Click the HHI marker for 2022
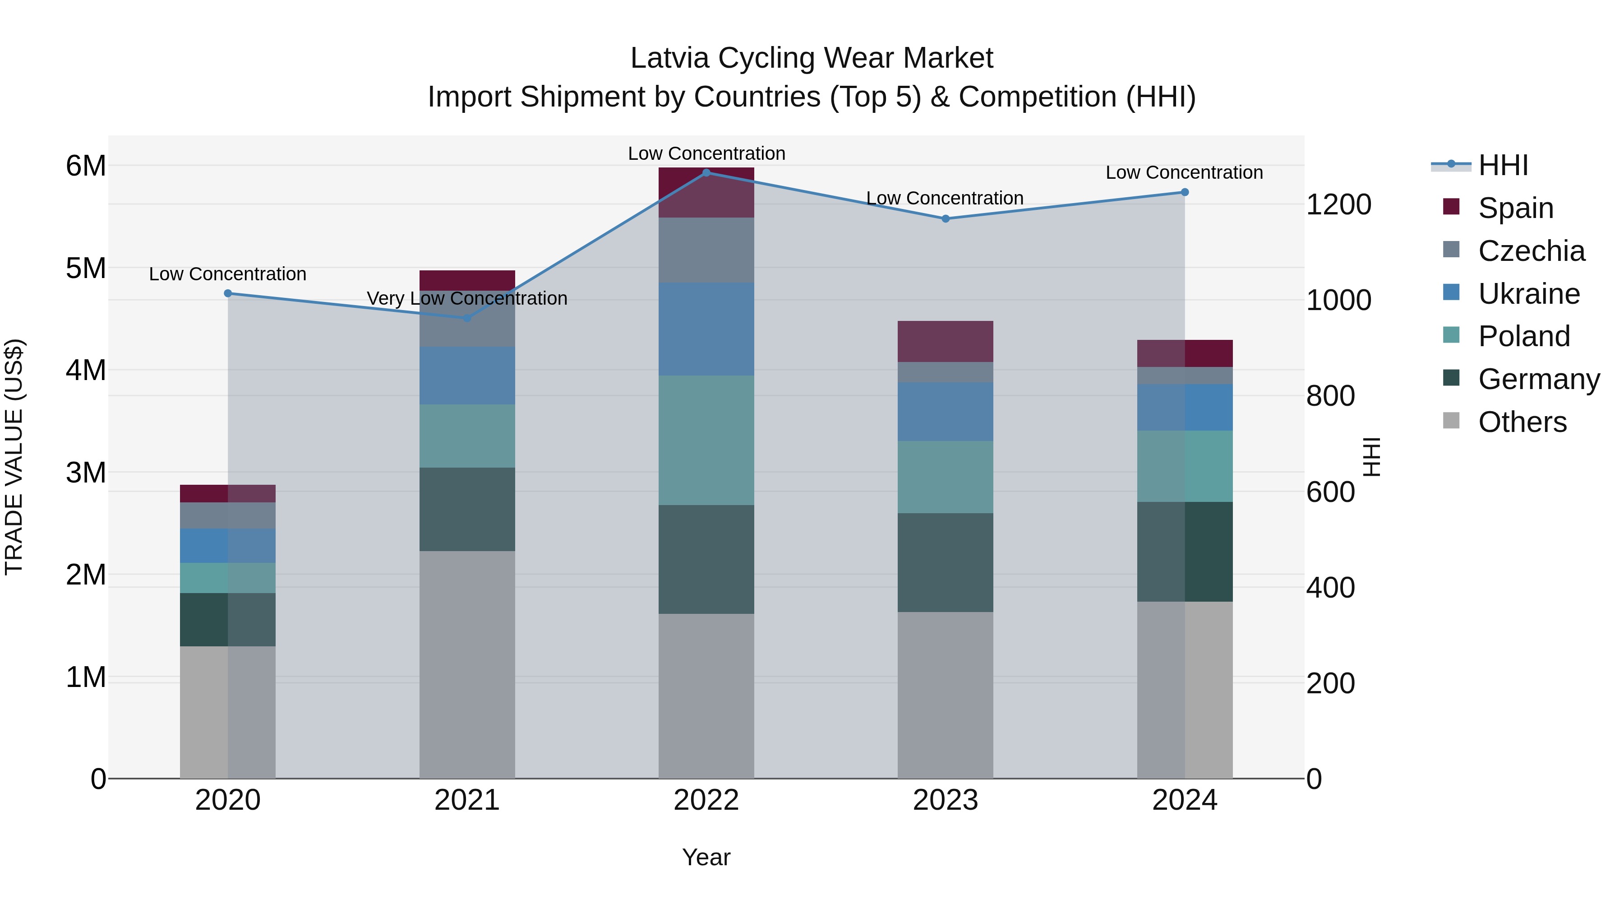706,173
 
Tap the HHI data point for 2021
467,318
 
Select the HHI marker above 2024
1185,192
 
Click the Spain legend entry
1515,208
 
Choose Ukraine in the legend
1528,294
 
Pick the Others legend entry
1522,422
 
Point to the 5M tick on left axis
86,268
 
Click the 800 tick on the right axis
1330,396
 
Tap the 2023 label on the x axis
945,800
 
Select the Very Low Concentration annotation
467,298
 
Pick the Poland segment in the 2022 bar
706,440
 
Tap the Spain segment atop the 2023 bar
945,341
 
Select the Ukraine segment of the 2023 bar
945,411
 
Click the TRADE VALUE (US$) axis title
14,457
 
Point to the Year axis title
706,857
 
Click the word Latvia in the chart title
669,58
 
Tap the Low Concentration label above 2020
228,274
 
